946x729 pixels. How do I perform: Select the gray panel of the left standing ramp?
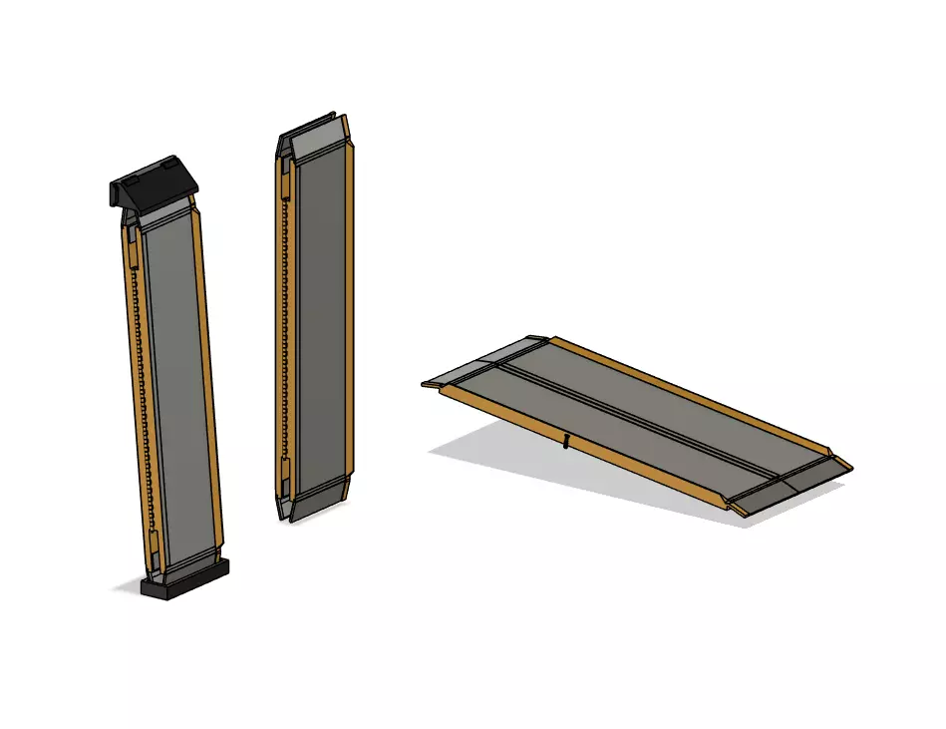pyautogui.click(x=179, y=389)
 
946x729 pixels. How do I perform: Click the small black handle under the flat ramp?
pyautogui.click(x=566, y=440)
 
